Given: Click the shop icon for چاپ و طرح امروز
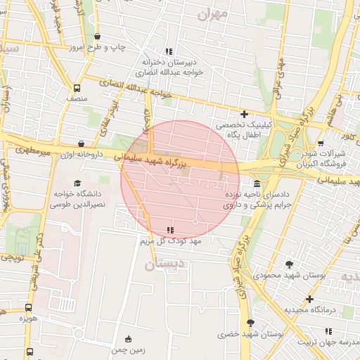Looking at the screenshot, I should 97,37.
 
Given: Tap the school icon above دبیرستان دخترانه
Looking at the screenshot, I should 168,51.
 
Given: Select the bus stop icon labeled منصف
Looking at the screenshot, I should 77,89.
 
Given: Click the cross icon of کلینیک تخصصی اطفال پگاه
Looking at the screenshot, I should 244,114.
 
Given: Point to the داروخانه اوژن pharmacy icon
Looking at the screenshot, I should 82,143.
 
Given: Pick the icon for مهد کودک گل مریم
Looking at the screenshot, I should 169,230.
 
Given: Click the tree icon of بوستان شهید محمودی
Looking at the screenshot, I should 289,264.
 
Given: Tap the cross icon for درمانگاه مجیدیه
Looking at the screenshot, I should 309,299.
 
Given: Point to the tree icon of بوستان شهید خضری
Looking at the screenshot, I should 251,323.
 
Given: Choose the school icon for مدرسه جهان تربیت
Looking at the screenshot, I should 328,330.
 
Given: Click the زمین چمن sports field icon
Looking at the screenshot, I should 127,339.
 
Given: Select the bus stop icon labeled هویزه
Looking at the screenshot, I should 28,308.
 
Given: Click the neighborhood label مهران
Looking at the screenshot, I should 215,13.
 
